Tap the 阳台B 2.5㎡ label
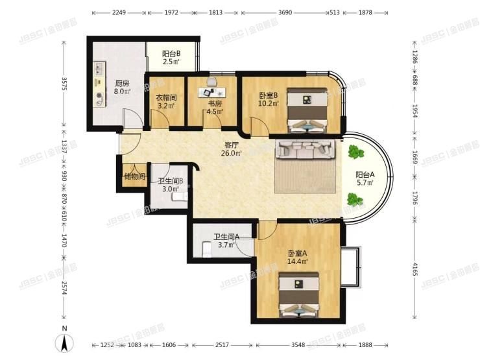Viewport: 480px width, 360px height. coord(171,58)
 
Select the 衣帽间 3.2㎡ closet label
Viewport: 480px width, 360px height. coord(166,101)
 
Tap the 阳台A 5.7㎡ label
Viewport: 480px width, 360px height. coord(365,179)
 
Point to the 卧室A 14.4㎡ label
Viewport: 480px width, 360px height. coord(298,258)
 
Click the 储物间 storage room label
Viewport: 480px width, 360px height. coord(134,176)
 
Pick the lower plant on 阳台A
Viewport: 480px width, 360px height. coord(354,199)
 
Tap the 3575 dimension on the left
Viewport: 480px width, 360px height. coord(64,85)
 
